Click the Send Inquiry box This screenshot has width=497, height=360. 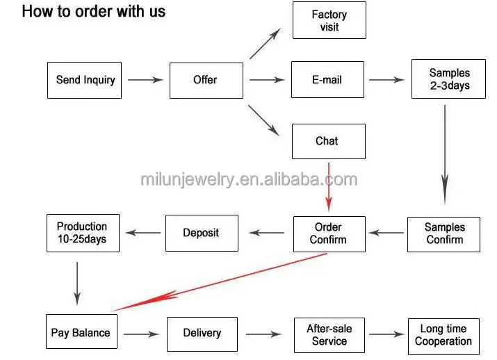[85, 80]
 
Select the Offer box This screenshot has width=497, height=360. [206, 80]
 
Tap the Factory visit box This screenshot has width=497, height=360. [329, 20]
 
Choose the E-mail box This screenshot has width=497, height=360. [327, 80]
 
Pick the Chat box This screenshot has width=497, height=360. [327, 141]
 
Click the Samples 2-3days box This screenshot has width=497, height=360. [449, 79]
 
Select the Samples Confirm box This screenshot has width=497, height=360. [444, 234]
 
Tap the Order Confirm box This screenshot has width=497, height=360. [329, 234]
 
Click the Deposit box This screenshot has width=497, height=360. [201, 234]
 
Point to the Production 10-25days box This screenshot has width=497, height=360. [82, 233]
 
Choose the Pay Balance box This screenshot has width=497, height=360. [81, 333]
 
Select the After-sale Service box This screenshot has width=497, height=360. [329, 334]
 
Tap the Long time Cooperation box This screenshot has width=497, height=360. [443, 334]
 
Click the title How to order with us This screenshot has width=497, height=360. [94, 12]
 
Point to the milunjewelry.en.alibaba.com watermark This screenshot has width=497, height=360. [249, 180]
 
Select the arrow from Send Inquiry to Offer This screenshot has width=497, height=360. [145, 80]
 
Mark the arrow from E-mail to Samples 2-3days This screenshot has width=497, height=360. [386, 80]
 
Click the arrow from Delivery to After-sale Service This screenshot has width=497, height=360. [263, 334]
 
